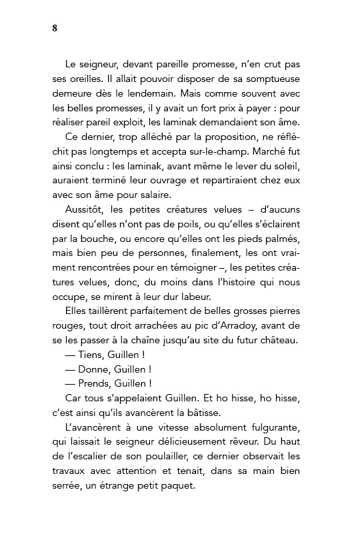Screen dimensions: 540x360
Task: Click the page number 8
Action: coord(54,27)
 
